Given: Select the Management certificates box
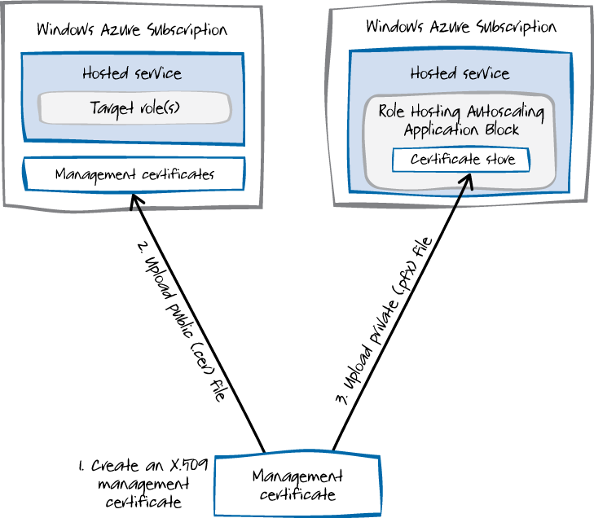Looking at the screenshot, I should (x=134, y=174).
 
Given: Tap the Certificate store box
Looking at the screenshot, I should (x=461, y=160).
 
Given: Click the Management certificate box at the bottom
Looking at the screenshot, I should (x=297, y=485).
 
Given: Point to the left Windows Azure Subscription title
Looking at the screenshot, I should (x=132, y=30).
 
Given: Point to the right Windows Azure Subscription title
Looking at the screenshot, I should (x=461, y=26).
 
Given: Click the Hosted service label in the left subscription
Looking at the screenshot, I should (x=132, y=73).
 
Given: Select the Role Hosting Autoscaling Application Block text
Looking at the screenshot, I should (x=460, y=120).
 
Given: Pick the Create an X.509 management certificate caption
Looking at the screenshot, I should (x=143, y=484).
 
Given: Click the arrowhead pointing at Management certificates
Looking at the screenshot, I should (x=133, y=199).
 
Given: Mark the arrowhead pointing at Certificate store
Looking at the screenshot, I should (x=470, y=178).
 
